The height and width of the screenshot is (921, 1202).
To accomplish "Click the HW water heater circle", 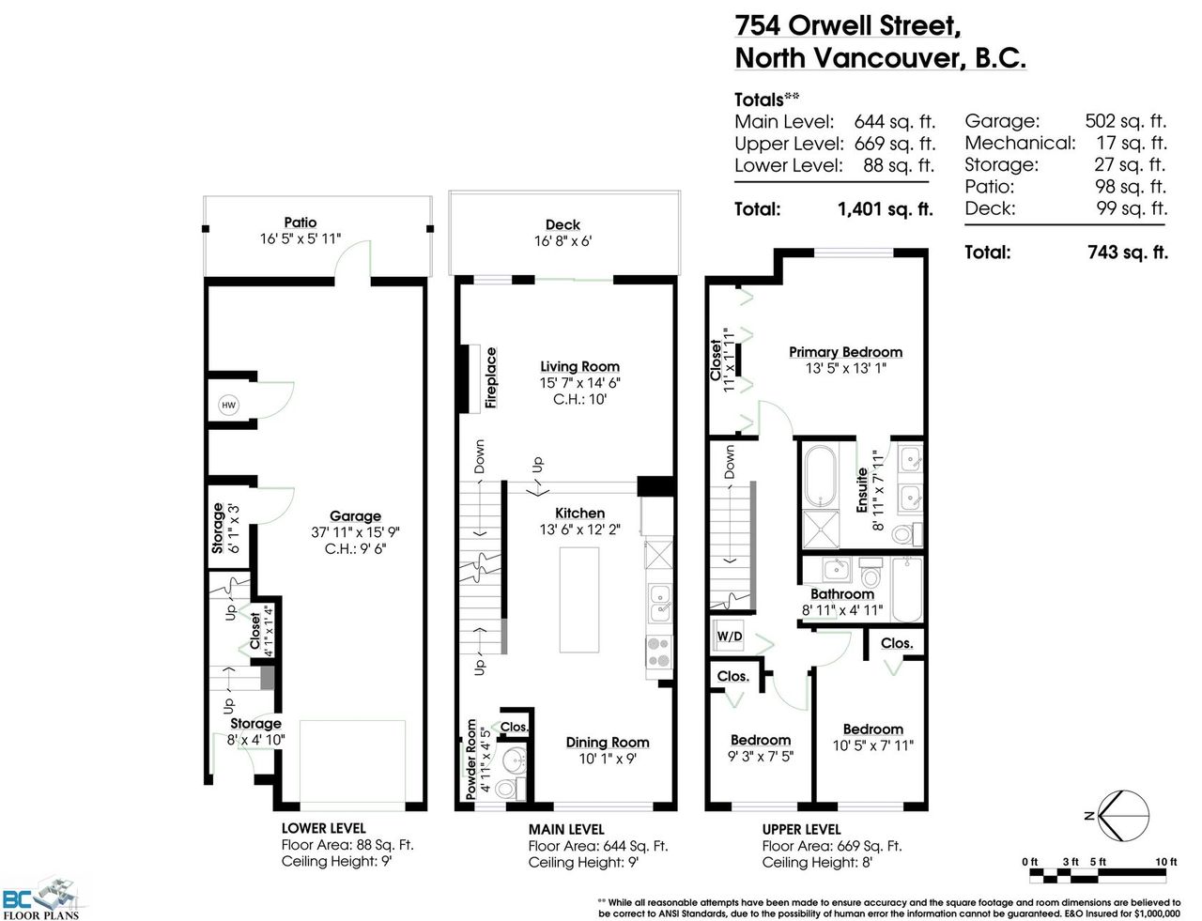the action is coord(228,406).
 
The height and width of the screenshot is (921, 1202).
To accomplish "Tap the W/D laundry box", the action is coord(728,636).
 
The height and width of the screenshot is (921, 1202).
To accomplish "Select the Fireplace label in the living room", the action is coord(490,377).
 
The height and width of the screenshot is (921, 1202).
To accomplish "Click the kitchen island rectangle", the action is coord(579,600).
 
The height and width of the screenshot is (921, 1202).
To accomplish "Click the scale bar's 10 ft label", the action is coord(1166,862).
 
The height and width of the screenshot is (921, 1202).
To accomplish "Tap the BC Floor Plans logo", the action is coord(41,898).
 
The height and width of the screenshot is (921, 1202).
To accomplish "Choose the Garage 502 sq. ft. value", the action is coord(1126,121).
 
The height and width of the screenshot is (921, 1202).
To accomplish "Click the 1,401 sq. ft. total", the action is coord(885,209).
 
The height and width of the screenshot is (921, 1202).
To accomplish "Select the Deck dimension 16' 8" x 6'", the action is coord(563,241).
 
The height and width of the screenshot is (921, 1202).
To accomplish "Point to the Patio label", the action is coord(300,223).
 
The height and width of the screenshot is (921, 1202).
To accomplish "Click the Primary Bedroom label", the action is coord(846,352).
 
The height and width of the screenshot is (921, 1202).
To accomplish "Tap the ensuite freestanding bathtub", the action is coord(820,477).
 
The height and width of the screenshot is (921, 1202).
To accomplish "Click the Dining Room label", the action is coord(608,743).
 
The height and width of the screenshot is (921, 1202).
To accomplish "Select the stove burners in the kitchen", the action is coord(659,652).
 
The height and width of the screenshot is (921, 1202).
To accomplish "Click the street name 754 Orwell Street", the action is coord(847,26).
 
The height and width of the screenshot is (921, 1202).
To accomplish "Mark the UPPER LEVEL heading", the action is coord(802,829).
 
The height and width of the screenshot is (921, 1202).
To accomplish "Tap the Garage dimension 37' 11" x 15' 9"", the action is coord(355,532).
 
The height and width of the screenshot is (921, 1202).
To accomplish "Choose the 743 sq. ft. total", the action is coord(1127,253).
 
